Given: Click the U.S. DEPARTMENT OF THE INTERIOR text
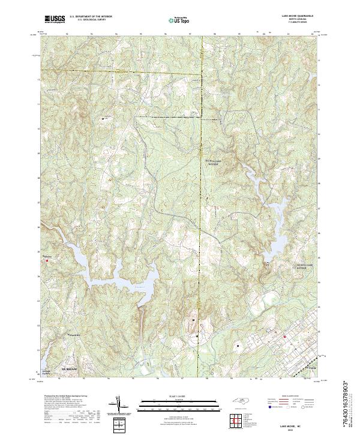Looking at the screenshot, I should click(x=90, y=17).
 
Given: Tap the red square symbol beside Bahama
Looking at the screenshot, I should click(x=46, y=260).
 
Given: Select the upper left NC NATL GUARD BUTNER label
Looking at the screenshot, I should click(x=214, y=163).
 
